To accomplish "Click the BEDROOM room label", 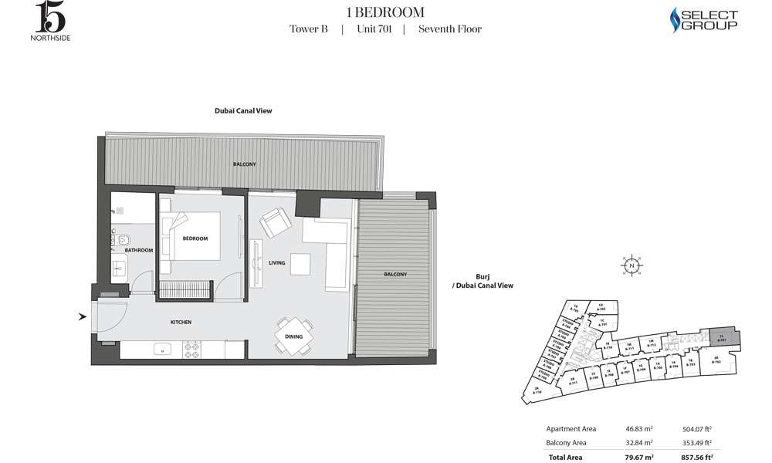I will pyautogui.click(x=195, y=238).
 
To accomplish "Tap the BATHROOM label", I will pyautogui.click(x=140, y=251).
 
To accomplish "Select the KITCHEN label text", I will pyautogui.click(x=181, y=322).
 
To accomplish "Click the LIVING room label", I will pyautogui.click(x=277, y=263).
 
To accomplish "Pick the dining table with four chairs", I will pyautogui.click(x=294, y=335).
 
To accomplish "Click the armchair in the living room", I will pyautogui.click(x=274, y=223).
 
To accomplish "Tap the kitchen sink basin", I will pyautogui.click(x=162, y=349).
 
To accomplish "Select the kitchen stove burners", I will pyautogui.click(x=192, y=349).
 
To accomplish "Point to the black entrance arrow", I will pyautogui.click(x=83, y=316).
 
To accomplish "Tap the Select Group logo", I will pyautogui.click(x=702, y=21).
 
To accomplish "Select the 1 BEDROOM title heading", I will pyautogui.click(x=385, y=12).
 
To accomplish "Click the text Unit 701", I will pyautogui.click(x=373, y=29).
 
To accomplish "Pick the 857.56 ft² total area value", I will pyautogui.click(x=696, y=457).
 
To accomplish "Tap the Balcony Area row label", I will pyautogui.click(x=567, y=443).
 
